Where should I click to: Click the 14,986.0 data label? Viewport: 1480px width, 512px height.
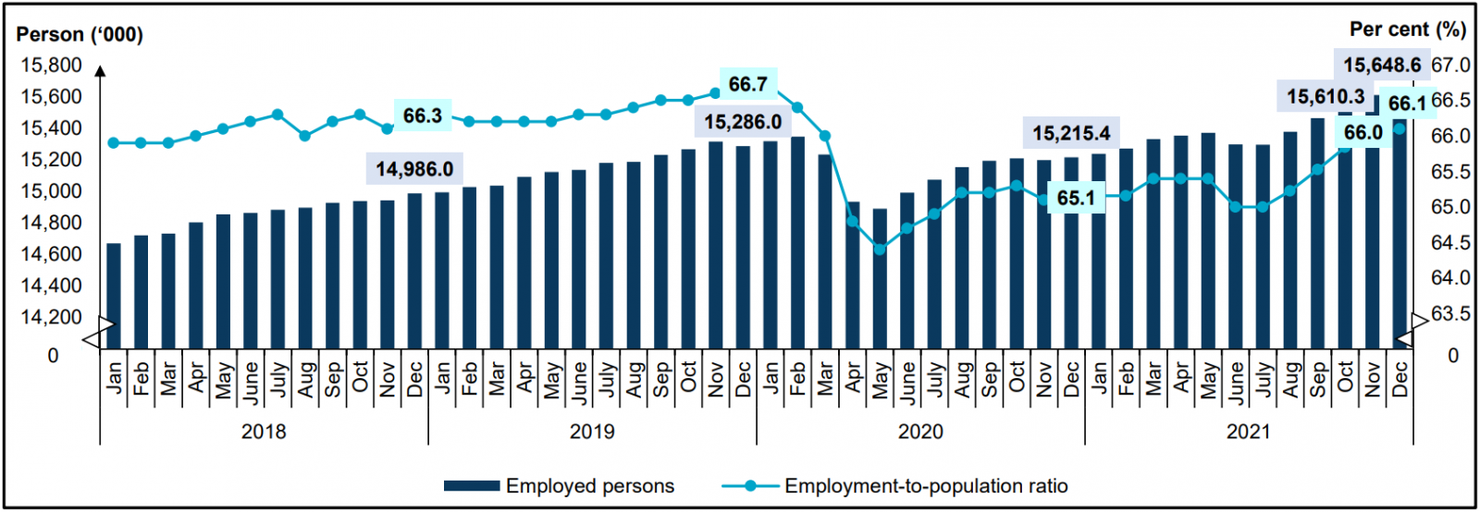point(414,169)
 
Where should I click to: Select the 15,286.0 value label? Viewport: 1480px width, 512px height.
point(742,122)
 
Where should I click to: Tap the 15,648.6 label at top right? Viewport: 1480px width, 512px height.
point(1382,65)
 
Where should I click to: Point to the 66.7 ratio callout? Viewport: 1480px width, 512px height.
point(747,84)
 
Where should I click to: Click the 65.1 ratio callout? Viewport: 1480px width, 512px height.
point(1076,199)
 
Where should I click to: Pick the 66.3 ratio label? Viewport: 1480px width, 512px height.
point(422,116)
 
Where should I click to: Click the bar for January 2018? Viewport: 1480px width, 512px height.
point(114,296)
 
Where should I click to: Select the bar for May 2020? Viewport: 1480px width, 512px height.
point(880,278)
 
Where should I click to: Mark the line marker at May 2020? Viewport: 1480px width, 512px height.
point(880,249)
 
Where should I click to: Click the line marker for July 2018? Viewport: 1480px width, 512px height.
point(277,115)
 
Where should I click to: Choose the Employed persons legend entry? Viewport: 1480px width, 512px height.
point(559,486)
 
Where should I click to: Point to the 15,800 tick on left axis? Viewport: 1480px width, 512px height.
point(51,65)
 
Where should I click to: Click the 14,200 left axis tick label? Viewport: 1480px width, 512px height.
point(51,317)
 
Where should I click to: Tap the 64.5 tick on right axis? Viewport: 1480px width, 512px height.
point(1450,243)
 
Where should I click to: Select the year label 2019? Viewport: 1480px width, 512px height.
point(592,432)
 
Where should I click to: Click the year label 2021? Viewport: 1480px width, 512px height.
point(1249,432)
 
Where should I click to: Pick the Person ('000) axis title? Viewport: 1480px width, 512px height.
point(80,35)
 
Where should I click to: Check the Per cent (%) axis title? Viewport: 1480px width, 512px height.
point(1407,30)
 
